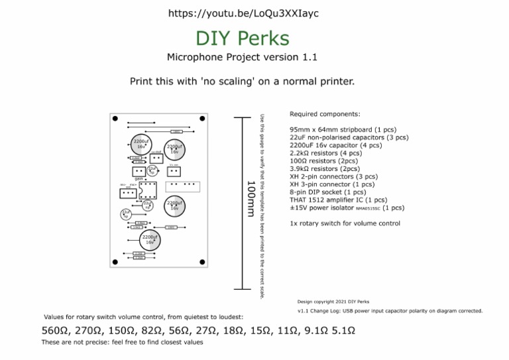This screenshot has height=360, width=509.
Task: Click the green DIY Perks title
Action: (243, 38)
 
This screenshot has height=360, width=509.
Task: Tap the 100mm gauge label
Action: (251, 198)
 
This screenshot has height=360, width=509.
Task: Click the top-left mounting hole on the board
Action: (116, 119)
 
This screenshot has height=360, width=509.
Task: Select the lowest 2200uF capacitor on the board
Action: (150, 240)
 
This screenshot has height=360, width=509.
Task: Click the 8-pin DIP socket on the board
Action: (147, 190)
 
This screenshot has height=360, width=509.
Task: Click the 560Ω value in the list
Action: (56, 330)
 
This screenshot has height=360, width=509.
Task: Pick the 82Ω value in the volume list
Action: (152, 330)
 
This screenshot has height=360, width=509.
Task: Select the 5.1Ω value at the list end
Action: (343, 330)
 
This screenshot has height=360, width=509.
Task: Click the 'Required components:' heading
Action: (325, 114)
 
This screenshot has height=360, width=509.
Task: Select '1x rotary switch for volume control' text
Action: (345, 223)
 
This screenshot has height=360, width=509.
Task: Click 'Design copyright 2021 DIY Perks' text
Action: (333, 301)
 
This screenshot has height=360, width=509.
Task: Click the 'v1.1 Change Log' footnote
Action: (390, 310)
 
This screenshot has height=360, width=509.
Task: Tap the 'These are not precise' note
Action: (122, 342)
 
